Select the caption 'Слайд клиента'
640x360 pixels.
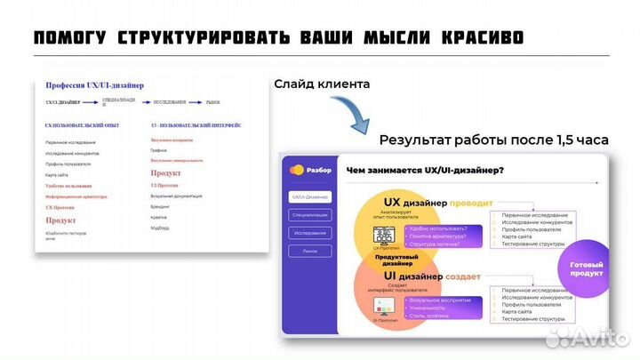pos(321,84)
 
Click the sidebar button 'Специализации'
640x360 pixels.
pos(310,214)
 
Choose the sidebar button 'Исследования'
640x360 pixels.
pos(310,233)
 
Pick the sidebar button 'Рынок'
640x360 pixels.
pos(310,252)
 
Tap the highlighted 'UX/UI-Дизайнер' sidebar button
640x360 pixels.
pos(310,196)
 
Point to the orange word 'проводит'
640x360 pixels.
pos(471,203)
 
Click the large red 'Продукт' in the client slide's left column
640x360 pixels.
pos(61,220)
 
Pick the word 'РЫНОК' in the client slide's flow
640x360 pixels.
pos(213,103)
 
